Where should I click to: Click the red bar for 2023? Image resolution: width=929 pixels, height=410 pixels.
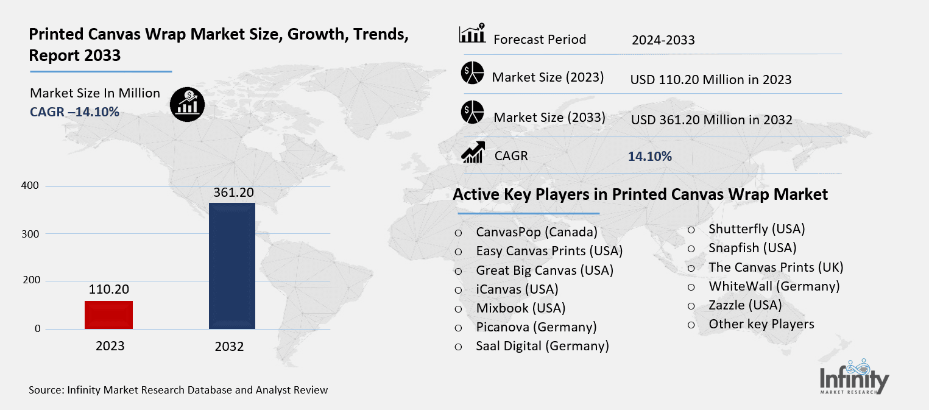click(108, 314)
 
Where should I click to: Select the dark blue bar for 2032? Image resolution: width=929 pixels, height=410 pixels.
click(231, 266)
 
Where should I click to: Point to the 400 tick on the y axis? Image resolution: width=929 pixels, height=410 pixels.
click(34, 186)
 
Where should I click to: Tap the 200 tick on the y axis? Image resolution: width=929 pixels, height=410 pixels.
click(34, 281)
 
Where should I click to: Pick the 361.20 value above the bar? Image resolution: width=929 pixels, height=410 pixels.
click(233, 193)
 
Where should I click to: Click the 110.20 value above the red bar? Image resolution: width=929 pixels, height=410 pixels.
click(109, 289)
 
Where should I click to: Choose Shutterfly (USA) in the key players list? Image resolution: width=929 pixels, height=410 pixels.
click(757, 229)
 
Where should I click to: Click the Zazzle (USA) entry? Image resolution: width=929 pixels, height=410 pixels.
click(744, 305)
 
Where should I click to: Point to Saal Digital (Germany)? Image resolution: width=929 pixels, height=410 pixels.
click(542, 346)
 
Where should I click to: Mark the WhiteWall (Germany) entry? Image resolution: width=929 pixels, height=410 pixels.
click(774, 286)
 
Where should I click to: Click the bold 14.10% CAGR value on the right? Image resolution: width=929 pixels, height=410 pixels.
click(649, 157)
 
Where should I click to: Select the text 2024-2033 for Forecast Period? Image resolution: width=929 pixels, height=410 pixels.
click(663, 40)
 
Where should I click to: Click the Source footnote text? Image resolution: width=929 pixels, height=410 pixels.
click(178, 390)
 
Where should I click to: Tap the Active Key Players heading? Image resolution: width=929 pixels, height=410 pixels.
click(640, 194)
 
